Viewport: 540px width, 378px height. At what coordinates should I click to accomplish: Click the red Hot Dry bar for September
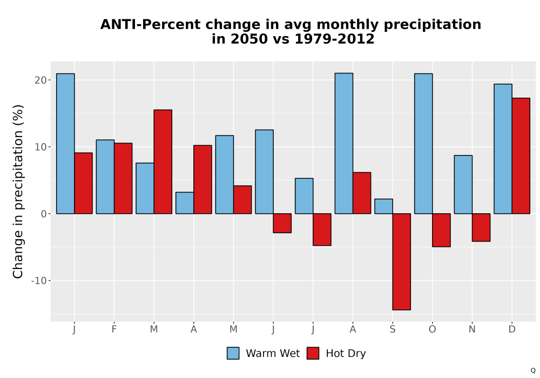[x=402, y=262]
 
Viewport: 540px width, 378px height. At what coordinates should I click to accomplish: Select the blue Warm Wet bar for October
[x=423, y=144]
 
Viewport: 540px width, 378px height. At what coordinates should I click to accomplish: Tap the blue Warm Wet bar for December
[x=503, y=148]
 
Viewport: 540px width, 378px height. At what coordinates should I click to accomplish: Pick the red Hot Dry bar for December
[x=521, y=156]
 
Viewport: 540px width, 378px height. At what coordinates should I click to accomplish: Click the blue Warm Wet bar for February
[x=105, y=177]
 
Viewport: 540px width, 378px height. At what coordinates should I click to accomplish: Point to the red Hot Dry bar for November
[x=481, y=227]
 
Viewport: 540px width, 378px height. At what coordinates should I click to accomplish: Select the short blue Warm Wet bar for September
[x=383, y=206]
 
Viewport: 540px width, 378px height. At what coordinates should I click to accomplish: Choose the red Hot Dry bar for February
[x=123, y=178]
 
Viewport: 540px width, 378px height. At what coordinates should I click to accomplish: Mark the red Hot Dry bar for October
[x=442, y=230]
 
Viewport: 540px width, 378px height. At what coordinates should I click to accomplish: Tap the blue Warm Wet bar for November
[x=463, y=185]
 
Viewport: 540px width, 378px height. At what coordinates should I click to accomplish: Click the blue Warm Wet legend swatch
[x=233, y=353]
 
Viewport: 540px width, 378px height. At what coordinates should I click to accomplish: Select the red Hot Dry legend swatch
[x=313, y=353]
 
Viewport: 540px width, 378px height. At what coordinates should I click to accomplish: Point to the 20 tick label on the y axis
[x=40, y=80]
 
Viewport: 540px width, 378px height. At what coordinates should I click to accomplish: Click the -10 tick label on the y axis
[x=38, y=281]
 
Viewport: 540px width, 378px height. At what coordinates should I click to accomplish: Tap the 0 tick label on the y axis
[x=43, y=214]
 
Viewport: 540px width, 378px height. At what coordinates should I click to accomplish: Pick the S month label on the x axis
[x=393, y=329]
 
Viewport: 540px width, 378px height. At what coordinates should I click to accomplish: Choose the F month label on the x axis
[x=114, y=329]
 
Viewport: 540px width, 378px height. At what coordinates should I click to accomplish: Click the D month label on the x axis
[x=512, y=329]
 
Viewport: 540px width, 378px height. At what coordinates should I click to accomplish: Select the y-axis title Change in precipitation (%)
[x=18, y=191]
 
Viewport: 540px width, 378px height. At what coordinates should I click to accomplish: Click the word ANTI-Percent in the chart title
[x=150, y=24]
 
